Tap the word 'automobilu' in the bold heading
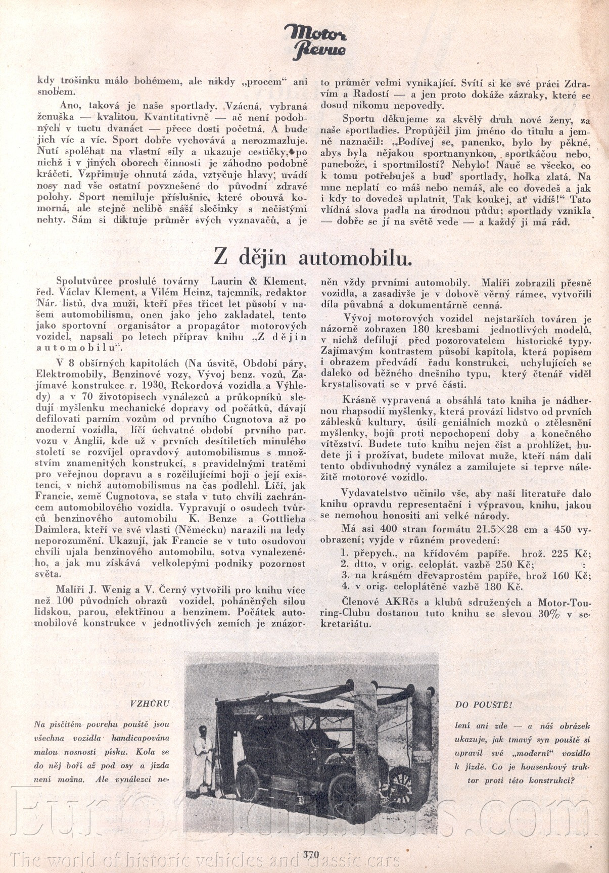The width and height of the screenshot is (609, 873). (355, 258)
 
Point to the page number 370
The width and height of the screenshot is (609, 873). (311, 854)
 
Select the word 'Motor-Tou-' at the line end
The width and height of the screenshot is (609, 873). (564, 603)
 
